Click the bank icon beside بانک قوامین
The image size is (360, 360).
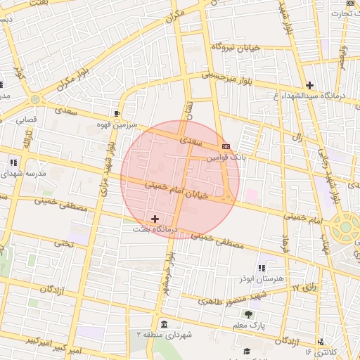pos(225,146)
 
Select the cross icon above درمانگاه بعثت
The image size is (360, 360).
pos(155,219)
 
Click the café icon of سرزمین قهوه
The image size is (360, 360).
pos(116,112)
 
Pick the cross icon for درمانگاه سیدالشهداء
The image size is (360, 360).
pos(309,85)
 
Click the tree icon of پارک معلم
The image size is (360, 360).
pos(247,314)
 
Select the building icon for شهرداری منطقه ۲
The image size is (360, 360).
pos(163,324)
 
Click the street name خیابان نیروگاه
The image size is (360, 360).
pos(236,46)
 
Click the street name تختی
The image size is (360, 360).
pos(64,244)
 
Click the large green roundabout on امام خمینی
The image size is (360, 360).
pos(345,228)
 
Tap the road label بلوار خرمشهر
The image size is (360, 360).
pos(169,275)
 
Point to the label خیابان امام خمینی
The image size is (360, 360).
pos(176,191)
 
